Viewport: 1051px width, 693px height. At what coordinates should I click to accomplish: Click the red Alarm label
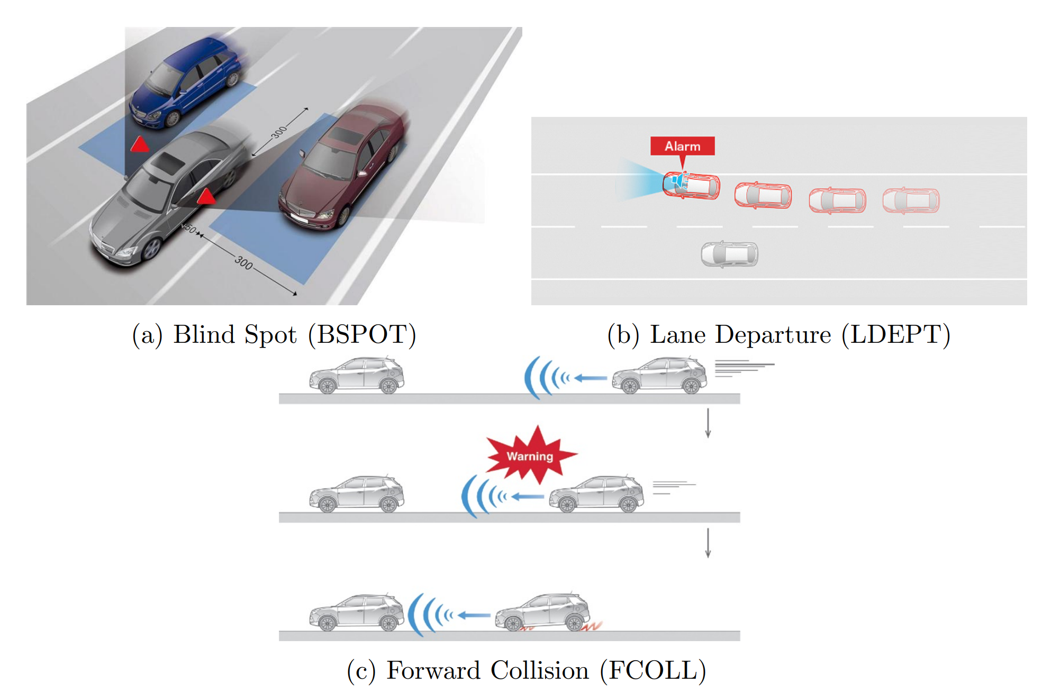click(x=682, y=146)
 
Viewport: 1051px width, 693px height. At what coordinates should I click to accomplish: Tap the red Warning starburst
click(x=530, y=455)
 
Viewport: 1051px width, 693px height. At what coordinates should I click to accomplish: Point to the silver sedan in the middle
click(x=169, y=196)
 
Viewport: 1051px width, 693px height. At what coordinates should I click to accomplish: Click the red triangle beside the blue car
click(x=140, y=144)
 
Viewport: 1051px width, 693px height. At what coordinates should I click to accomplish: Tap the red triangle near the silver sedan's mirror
click(x=206, y=197)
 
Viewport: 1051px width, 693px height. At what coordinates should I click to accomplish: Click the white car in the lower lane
click(x=729, y=254)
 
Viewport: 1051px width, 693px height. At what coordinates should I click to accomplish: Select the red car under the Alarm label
click(x=692, y=185)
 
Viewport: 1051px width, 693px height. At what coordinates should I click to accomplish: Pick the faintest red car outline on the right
click(x=911, y=200)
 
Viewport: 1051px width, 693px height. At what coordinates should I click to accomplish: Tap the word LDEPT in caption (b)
click(x=896, y=335)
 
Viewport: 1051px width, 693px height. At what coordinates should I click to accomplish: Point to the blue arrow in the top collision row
click(x=591, y=378)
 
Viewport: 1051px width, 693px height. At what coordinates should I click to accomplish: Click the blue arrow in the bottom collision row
click(x=474, y=615)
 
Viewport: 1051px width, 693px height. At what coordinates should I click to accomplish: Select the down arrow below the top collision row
click(x=708, y=423)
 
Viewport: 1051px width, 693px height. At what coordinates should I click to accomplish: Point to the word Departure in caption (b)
click(x=773, y=335)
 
